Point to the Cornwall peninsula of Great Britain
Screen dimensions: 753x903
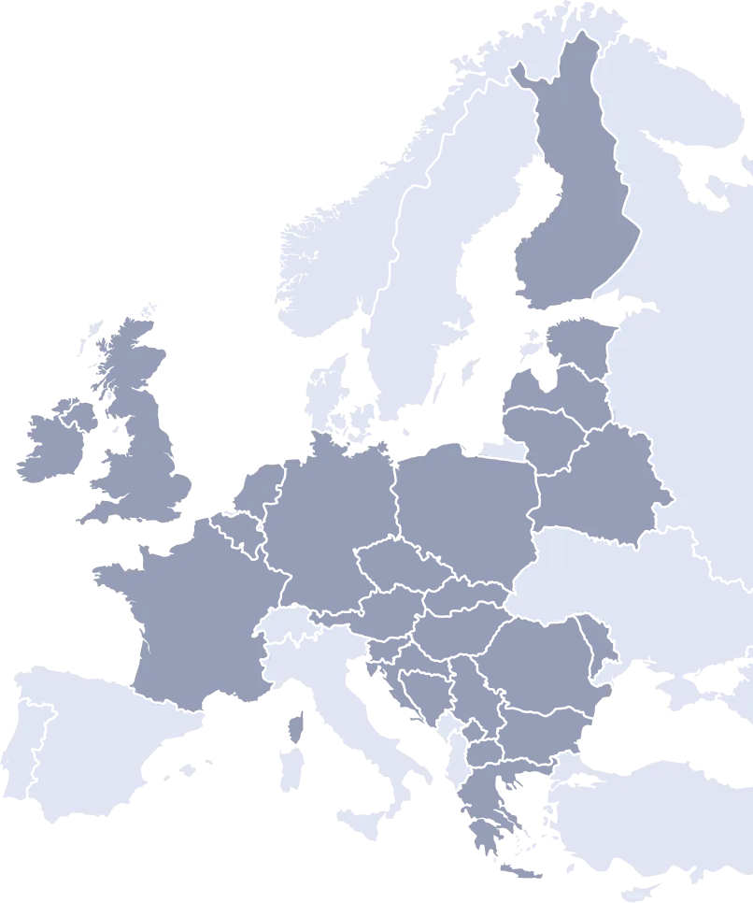(98, 513)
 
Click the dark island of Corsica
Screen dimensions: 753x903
(298, 724)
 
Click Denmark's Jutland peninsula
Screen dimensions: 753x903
(322, 393)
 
